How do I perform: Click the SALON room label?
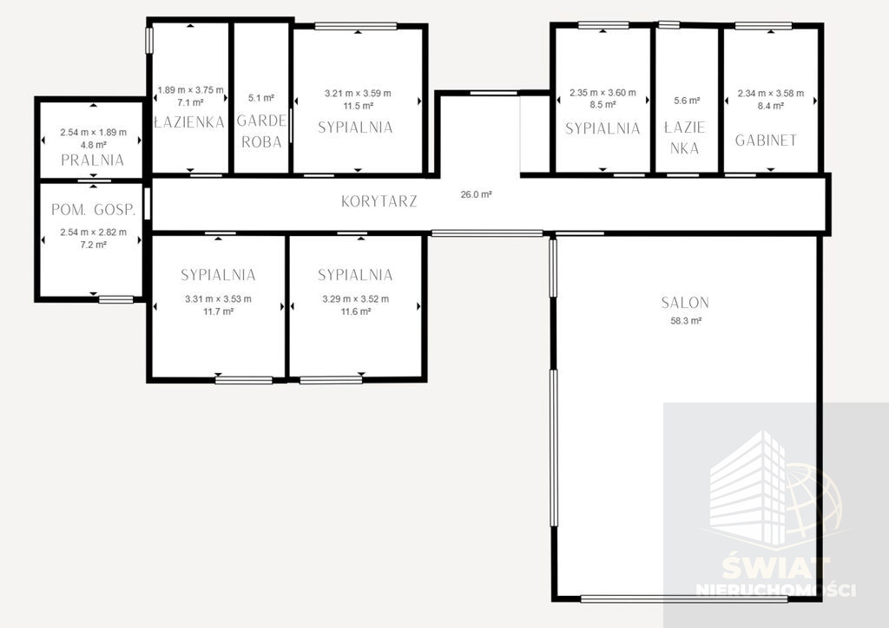(x=685, y=303)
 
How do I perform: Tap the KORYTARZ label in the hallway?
(x=379, y=201)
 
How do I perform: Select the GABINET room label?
(x=766, y=141)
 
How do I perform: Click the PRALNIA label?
(x=92, y=160)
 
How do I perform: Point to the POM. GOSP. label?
(x=94, y=210)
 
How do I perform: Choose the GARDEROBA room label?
(x=261, y=131)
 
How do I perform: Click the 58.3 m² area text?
(x=686, y=321)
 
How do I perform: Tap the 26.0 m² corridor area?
(x=477, y=194)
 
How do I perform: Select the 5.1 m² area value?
(x=261, y=98)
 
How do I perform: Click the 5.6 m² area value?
(x=688, y=101)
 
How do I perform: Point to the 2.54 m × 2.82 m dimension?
(x=94, y=232)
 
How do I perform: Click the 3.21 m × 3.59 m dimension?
(x=358, y=94)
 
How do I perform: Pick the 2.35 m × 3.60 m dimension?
(x=603, y=92)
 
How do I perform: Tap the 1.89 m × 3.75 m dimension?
(x=190, y=90)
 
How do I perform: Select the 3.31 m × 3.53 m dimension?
(x=218, y=299)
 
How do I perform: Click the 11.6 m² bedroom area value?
(x=356, y=311)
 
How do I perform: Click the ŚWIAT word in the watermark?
(x=776, y=566)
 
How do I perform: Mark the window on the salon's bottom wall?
(x=684, y=599)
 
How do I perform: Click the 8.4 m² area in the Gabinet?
(x=771, y=105)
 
